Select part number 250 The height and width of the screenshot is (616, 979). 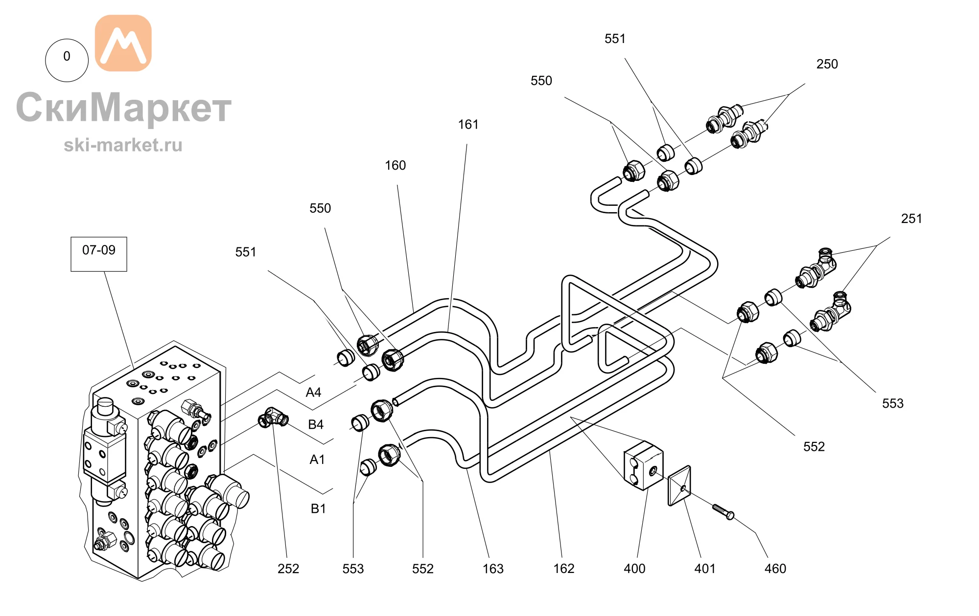pyautogui.click(x=827, y=64)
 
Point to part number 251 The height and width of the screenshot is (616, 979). pyautogui.click(x=911, y=219)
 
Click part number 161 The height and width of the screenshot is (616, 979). pyautogui.click(x=468, y=125)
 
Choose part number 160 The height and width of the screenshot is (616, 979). pyautogui.click(x=395, y=165)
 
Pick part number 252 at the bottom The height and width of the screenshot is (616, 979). pyautogui.click(x=288, y=569)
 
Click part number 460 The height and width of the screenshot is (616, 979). pyautogui.click(x=775, y=569)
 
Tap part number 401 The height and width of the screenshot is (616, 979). pyautogui.click(x=705, y=569)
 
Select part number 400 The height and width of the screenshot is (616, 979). pyautogui.click(x=634, y=569)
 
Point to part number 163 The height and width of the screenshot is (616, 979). pyautogui.click(x=493, y=569)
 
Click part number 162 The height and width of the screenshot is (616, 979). pyautogui.click(x=564, y=569)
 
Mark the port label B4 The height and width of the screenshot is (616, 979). pyautogui.click(x=316, y=424)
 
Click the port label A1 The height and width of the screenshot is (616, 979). pyautogui.click(x=317, y=460)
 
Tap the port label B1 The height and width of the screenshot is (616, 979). pyautogui.click(x=318, y=509)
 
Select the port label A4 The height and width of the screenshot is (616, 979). pyautogui.click(x=313, y=393)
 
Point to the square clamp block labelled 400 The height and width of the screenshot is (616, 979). pyautogui.click(x=643, y=465)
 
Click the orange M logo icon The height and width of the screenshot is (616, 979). pyautogui.click(x=123, y=43)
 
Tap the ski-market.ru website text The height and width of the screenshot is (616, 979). pyautogui.click(x=123, y=145)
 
